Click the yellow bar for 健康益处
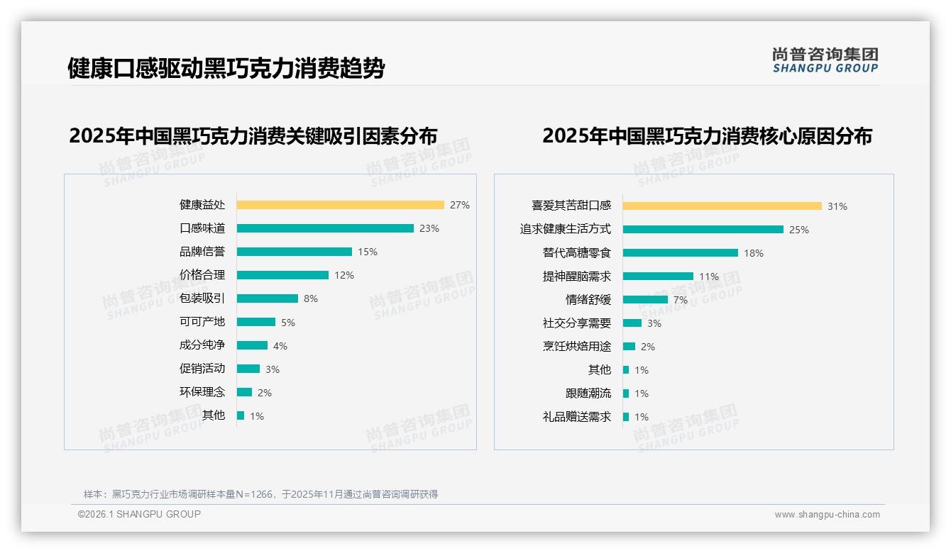(340, 205)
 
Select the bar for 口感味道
(325, 228)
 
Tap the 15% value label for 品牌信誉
(368, 252)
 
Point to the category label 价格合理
(202, 274)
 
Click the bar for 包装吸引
(268, 298)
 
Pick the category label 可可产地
(202, 321)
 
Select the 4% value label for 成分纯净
(280, 346)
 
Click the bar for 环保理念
(244, 392)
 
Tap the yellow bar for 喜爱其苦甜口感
(722, 206)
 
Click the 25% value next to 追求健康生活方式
(799, 230)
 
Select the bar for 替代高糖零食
(680, 253)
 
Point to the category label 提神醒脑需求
(576, 276)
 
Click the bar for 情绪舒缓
(645, 300)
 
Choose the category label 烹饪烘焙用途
(576, 346)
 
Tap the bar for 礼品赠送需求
(626, 417)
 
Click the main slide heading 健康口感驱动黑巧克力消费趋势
(226, 68)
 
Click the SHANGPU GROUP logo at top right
(825, 60)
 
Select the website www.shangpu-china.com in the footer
(827, 515)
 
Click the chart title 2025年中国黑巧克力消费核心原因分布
(707, 135)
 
